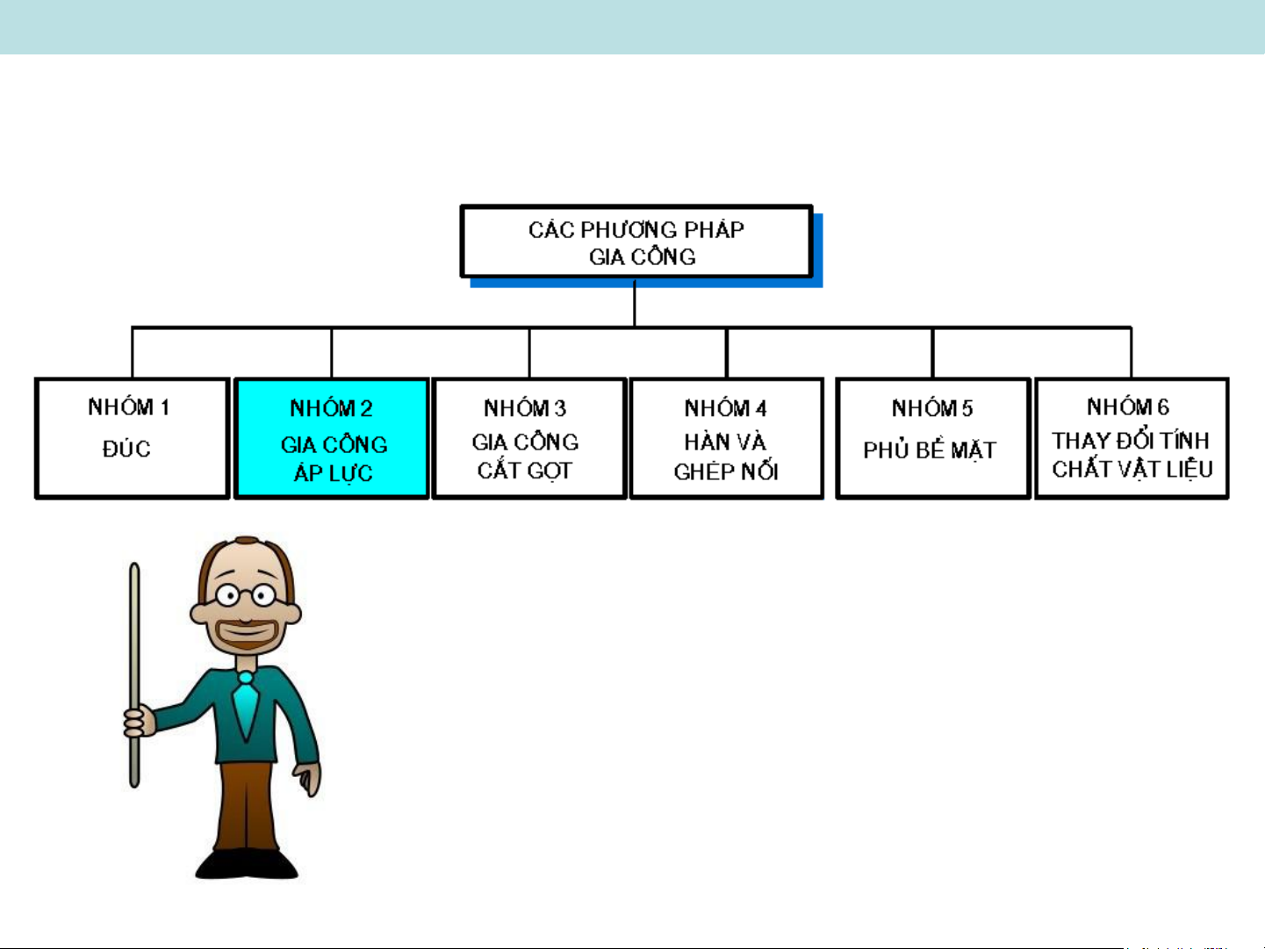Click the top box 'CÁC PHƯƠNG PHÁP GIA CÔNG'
click(636, 241)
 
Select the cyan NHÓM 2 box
click(332, 438)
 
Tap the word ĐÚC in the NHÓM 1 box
click(126, 449)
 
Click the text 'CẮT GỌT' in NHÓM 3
click(524, 471)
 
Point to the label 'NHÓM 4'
click(725, 408)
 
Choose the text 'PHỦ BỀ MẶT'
click(930, 449)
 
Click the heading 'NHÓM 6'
click(1128, 406)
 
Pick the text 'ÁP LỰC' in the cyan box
click(333, 472)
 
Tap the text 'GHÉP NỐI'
click(726, 471)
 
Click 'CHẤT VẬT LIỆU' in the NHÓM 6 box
click(1132, 469)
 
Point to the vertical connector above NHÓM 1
click(133, 353)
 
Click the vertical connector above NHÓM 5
click(932, 353)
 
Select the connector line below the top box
click(635, 303)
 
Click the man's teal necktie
click(246, 707)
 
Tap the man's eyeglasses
click(246, 595)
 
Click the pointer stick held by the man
click(135, 675)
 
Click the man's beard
click(246, 635)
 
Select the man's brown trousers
click(246, 806)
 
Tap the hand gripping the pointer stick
click(139, 723)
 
